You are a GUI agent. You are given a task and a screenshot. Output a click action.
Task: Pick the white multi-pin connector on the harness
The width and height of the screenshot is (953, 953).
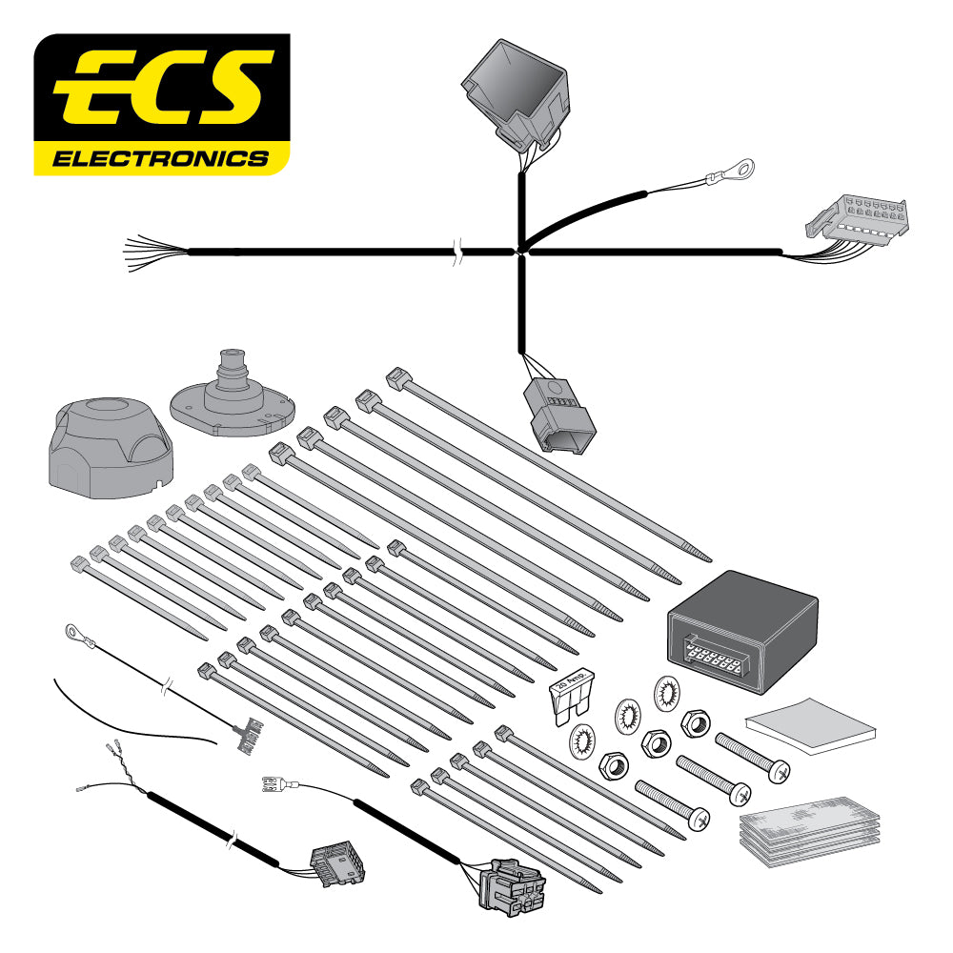858,220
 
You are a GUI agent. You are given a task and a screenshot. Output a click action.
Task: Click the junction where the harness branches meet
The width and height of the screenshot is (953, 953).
521,252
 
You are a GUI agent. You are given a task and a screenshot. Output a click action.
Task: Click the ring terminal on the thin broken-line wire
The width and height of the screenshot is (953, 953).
72,631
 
